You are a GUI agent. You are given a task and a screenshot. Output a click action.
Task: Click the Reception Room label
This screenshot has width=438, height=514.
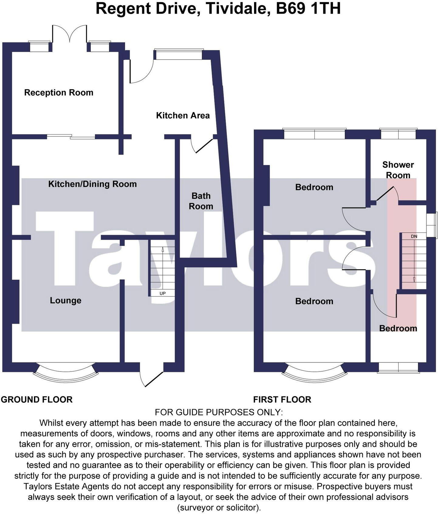pos(59,92)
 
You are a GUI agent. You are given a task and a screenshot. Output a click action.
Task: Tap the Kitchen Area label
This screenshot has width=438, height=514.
pos(183,115)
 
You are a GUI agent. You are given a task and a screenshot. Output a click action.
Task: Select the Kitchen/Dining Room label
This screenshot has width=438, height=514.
pos(92,184)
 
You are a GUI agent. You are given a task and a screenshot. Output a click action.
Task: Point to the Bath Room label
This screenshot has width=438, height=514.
pos(201,201)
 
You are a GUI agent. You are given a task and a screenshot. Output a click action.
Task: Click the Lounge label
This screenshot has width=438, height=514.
pos(66,300)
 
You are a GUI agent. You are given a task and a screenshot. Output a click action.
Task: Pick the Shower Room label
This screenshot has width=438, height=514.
pos(398,170)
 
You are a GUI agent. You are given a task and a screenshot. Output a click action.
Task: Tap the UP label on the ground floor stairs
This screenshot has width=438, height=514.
pos(163,293)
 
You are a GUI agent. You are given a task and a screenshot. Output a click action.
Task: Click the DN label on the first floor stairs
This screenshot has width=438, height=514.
pos(414,236)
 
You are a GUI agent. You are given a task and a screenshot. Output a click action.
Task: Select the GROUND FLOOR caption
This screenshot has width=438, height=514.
pos(37,399)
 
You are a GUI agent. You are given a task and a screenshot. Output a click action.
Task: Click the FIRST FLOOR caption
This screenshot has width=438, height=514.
pos(282,399)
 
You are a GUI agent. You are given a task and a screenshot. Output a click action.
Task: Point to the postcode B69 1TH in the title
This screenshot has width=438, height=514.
pos(308,8)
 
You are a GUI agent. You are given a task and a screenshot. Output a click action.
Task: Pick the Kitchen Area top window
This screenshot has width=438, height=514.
pos(178,55)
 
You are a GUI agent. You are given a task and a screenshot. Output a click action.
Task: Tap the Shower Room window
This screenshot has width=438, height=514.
pos(398,134)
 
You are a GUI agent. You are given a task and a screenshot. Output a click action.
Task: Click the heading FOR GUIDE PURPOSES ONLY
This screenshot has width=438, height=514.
pos(219,412)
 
